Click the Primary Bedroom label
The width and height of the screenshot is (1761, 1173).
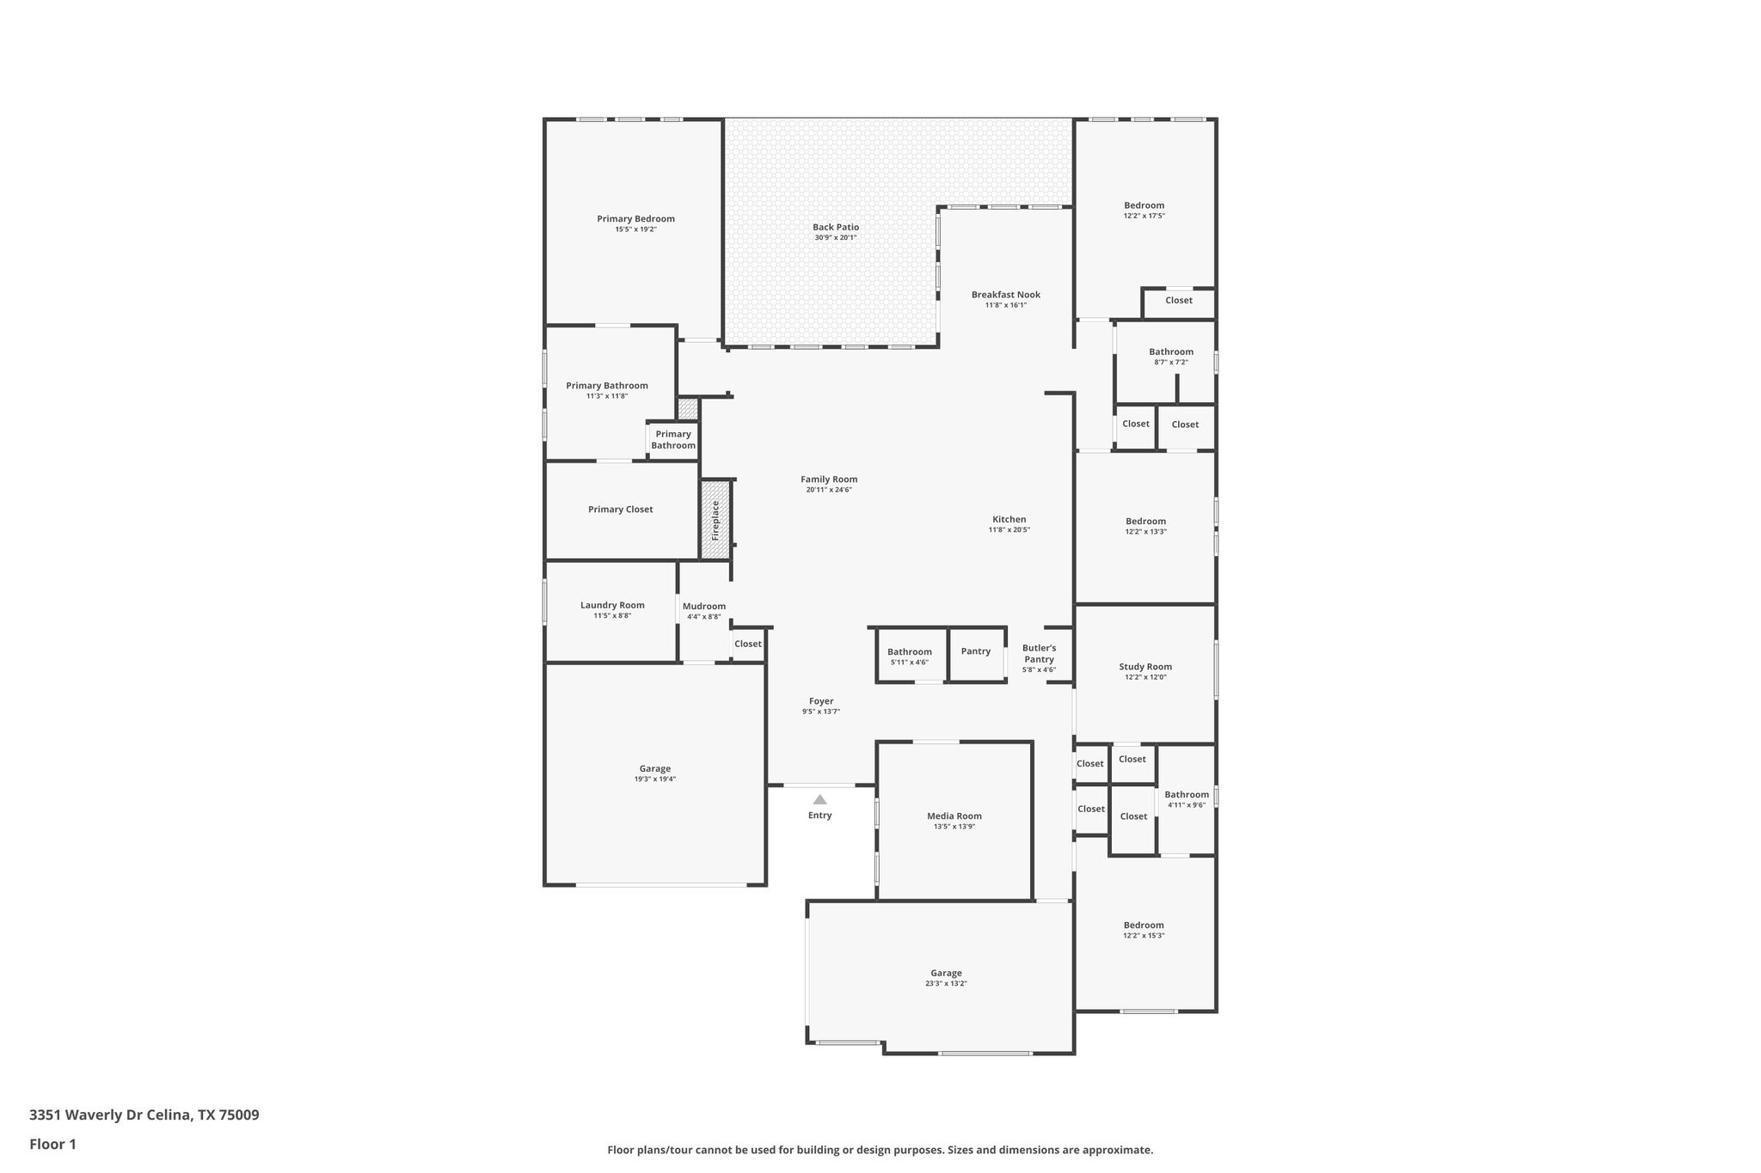pos(635,219)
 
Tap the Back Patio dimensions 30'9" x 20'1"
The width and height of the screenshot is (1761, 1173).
pos(836,238)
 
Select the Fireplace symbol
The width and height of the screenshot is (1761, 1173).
pos(715,519)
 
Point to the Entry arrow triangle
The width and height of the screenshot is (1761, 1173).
pos(819,799)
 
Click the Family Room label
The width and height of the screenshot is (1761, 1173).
pos(829,480)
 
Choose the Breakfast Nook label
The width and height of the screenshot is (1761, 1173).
pos(1005,295)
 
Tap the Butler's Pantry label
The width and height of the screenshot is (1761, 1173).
pos(1039,653)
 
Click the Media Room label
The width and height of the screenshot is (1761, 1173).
pos(954,816)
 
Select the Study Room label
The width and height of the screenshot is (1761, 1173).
pos(1145,667)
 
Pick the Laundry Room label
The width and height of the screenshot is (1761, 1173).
pos(612,605)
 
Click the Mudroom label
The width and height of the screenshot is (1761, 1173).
pos(704,606)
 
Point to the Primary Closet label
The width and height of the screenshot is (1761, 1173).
pos(620,510)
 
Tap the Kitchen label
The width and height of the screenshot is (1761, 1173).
pos(1009,519)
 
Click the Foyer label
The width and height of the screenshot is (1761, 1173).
pos(821,701)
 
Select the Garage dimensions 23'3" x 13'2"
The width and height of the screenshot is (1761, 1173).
pos(946,984)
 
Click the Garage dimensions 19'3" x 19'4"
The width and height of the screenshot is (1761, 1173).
pos(654,779)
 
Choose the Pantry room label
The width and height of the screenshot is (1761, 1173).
pos(976,651)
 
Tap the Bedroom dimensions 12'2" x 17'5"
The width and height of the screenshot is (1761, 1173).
pos(1144,216)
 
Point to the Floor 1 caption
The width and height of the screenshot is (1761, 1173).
pos(52,1145)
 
